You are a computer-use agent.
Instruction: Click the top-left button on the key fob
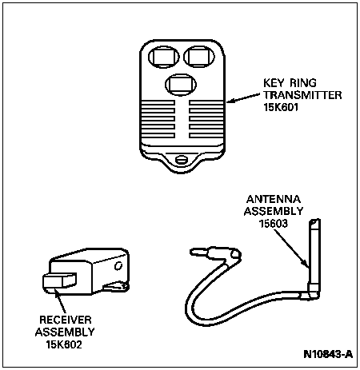pyautogui.click(x=164, y=57)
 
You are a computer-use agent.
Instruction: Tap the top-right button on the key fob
pyautogui.click(x=199, y=57)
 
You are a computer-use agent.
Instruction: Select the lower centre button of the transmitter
pyautogui.click(x=181, y=85)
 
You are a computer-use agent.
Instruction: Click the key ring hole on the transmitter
pyautogui.click(x=182, y=160)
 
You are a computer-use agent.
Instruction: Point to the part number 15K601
pyautogui.click(x=281, y=107)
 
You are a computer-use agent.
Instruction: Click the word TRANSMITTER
pyautogui.click(x=302, y=95)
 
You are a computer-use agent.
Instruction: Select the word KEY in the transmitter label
pyautogui.click(x=274, y=83)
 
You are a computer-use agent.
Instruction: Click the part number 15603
pyautogui.click(x=274, y=224)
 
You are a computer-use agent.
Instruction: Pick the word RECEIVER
pyautogui.click(x=66, y=320)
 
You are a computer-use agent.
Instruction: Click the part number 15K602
pyautogui.click(x=64, y=344)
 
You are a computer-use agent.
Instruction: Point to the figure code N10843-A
pyautogui.click(x=328, y=354)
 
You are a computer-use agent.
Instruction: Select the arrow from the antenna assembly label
pyautogui.click(x=292, y=249)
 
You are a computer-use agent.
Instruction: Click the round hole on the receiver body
pyautogui.click(x=118, y=265)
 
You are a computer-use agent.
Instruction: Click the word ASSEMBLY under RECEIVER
pyautogui.click(x=65, y=332)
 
